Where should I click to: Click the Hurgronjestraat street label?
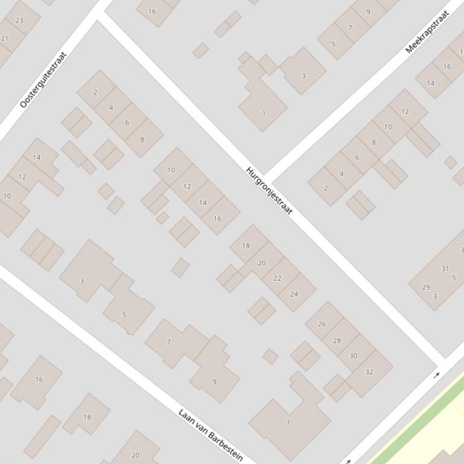point(269,190)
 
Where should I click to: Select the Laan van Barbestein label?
point(211,434)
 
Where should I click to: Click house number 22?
point(278,278)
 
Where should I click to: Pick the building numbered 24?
point(294,294)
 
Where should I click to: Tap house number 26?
point(322,324)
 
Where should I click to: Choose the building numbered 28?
point(337,340)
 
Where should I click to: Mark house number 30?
point(353,356)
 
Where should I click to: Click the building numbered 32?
point(369,372)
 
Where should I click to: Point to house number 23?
point(19,20)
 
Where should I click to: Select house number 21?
point(5,39)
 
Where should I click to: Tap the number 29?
point(426,287)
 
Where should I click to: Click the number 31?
point(445,269)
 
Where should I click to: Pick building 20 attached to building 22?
point(261,263)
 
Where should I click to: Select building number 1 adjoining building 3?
point(263,113)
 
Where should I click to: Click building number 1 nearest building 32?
point(288,422)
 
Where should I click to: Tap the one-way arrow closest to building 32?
point(437,375)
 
